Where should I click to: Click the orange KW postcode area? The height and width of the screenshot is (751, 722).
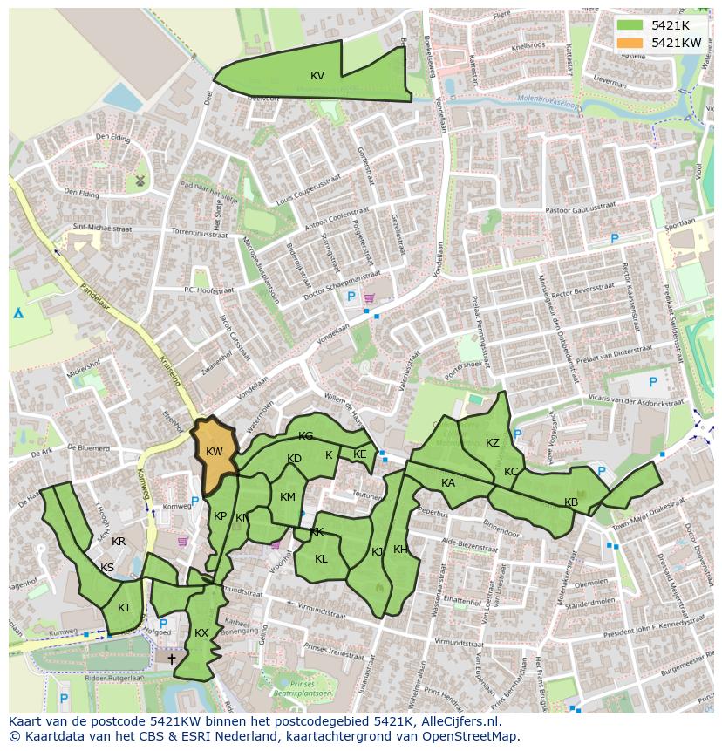click(x=214, y=451)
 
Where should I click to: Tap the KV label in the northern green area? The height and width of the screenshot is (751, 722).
click(x=317, y=76)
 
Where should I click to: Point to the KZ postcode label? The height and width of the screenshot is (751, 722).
click(x=493, y=443)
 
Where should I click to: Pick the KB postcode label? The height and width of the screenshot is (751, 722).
click(x=571, y=502)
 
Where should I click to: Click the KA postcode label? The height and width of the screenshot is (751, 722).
click(x=448, y=483)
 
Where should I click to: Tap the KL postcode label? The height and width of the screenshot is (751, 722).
click(x=321, y=559)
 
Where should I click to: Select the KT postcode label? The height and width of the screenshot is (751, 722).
click(x=125, y=608)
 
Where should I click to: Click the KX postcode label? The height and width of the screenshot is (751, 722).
click(x=201, y=633)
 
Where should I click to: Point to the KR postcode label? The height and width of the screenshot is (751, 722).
click(x=119, y=542)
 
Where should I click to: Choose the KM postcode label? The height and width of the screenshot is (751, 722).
click(x=288, y=497)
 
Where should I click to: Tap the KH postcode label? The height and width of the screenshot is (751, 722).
click(x=400, y=550)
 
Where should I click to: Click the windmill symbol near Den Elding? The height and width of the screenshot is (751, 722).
click(x=139, y=181)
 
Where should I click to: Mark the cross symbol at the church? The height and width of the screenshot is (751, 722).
click(x=171, y=659)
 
